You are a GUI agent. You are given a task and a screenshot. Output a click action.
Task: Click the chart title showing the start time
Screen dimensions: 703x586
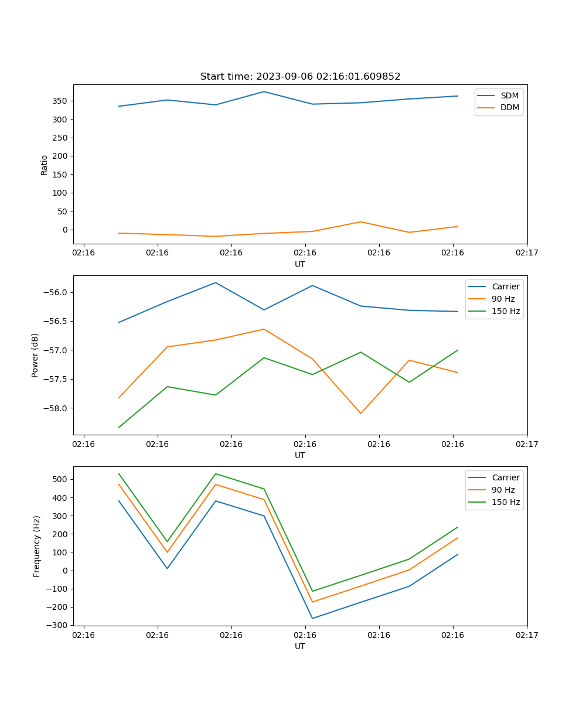(300, 77)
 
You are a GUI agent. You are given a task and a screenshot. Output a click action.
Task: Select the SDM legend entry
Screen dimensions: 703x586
(509, 95)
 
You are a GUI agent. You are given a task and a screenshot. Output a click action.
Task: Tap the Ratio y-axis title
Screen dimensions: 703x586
(45, 165)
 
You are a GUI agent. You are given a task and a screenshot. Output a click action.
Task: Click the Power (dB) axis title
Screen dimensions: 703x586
(35, 355)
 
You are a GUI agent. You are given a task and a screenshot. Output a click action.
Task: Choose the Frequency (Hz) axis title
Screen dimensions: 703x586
(36, 546)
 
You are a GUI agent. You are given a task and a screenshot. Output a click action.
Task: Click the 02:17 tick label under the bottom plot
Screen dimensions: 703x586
(526, 634)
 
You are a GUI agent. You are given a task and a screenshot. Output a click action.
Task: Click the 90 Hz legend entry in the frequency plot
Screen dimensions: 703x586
(503, 490)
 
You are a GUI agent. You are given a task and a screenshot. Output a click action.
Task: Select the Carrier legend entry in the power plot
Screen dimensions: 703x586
(505, 286)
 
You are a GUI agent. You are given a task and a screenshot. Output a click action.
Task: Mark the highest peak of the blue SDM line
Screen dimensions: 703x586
(264, 91)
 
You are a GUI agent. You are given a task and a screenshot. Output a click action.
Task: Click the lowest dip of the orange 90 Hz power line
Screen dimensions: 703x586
(360, 414)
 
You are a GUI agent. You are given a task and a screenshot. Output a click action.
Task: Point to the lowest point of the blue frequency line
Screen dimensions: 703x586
(312, 618)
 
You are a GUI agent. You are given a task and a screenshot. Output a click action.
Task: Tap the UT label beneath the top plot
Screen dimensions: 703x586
(300, 264)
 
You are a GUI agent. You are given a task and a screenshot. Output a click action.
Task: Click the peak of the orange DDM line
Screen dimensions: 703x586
(360, 221)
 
